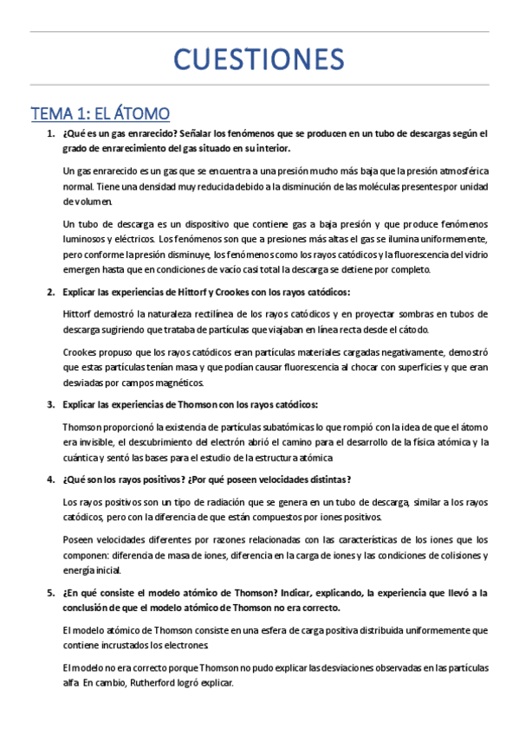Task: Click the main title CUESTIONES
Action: pos(259,61)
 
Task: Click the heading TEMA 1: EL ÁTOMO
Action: pos(100,113)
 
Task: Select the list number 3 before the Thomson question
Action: pos(50,404)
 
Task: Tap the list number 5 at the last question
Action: pos(50,593)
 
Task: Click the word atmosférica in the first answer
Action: pos(459,171)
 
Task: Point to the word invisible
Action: pos(94,442)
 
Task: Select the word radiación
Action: pos(195,502)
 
